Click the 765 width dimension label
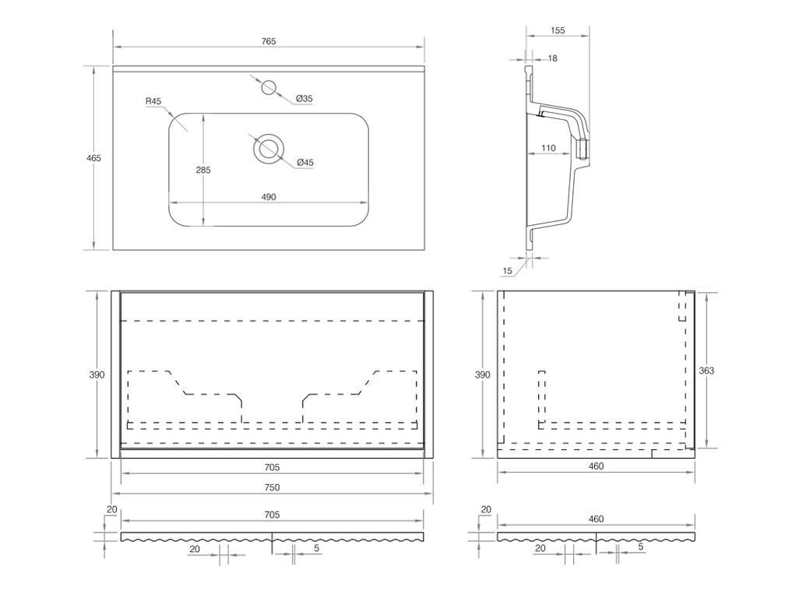(x=269, y=41)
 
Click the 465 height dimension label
(x=93, y=158)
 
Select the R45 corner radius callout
(x=153, y=102)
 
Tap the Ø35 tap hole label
(x=304, y=99)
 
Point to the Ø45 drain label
(x=304, y=162)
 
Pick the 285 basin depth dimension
(x=203, y=170)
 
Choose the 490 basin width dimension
(x=268, y=197)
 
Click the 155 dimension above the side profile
(x=557, y=31)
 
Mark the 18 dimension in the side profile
(x=552, y=58)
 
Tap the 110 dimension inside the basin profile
(x=547, y=148)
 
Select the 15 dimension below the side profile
(x=508, y=270)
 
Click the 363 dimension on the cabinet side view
(x=706, y=371)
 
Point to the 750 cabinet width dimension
(x=272, y=487)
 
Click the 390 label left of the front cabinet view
(x=96, y=374)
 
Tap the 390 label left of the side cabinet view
(x=483, y=374)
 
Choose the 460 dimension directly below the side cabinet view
(x=597, y=466)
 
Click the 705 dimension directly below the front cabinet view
(x=272, y=467)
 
